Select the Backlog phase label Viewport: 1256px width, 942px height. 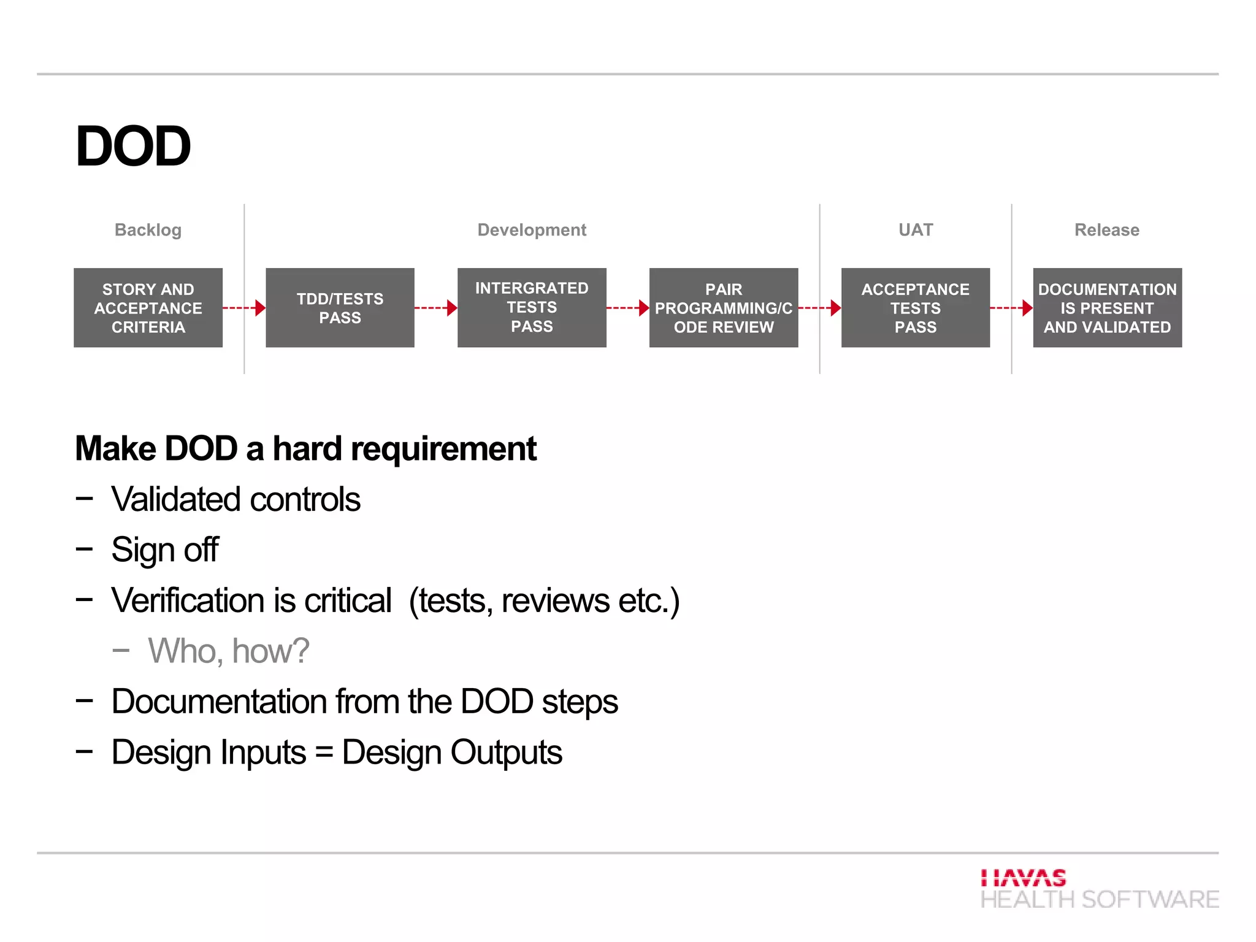(x=148, y=230)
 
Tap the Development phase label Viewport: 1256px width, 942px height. (x=532, y=230)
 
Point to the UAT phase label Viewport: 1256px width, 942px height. (x=915, y=230)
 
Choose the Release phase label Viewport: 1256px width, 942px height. (x=1106, y=230)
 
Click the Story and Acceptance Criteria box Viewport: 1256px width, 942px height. (x=148, y=308)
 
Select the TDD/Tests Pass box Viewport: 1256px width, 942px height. (x=340, y=308)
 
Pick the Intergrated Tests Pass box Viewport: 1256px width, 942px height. (x=532, y=308)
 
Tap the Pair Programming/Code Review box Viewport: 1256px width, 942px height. (x=724, y=308)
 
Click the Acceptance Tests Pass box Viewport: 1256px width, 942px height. (x=915, y=308)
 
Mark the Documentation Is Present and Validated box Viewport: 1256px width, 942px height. (x=1107, y=308)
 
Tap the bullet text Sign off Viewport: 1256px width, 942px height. (x=164, y=549)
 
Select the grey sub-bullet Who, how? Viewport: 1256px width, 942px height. (x=228, y=651)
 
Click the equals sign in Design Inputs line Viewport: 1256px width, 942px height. (x=324, y=753)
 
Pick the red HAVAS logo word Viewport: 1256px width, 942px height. (x=1023, y=878)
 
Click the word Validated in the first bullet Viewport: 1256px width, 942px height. (x=176, y=499)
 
